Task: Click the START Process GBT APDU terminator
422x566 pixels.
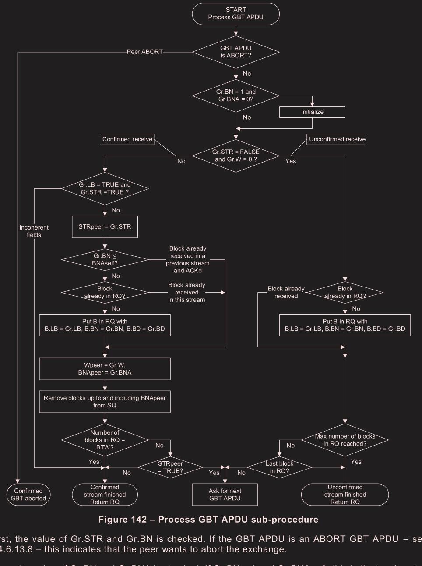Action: (x=236, y=14)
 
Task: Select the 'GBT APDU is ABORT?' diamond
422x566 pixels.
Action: (x=236, y=52)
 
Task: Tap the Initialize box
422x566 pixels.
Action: (x=312, y=112)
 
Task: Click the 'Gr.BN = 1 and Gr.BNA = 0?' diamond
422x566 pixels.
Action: (x=236, y=96)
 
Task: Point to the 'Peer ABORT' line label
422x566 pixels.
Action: (x=144, y=52)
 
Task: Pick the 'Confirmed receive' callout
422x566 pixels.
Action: (x=127, y=139)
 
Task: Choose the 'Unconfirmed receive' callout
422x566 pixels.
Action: (x=337, y=139)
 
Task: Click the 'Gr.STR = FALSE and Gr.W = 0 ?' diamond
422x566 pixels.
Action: (x=236, y=156)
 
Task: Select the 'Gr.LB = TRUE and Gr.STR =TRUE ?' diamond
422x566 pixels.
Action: (x=105, y=188)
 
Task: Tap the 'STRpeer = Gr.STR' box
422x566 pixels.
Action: (x=105, y=226)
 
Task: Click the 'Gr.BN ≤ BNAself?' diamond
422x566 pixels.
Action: (x=105, y=260)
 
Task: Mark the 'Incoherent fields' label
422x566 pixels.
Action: (x=34, y=231)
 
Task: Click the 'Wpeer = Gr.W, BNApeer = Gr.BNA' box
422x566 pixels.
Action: (x=105, y=369)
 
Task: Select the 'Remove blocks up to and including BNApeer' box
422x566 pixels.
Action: (x=105, y=402)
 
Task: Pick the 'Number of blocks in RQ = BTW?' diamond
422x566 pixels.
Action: (x=105, y=440)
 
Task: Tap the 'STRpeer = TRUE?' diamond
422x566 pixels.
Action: (x=170, y=467)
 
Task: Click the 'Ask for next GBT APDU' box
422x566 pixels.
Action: (x=225, y=495)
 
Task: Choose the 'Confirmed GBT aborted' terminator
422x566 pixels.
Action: (x=28, y=495)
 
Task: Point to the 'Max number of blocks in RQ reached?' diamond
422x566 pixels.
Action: (x=345, y=440)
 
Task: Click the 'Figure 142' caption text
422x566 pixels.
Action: (x=208, y=520)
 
